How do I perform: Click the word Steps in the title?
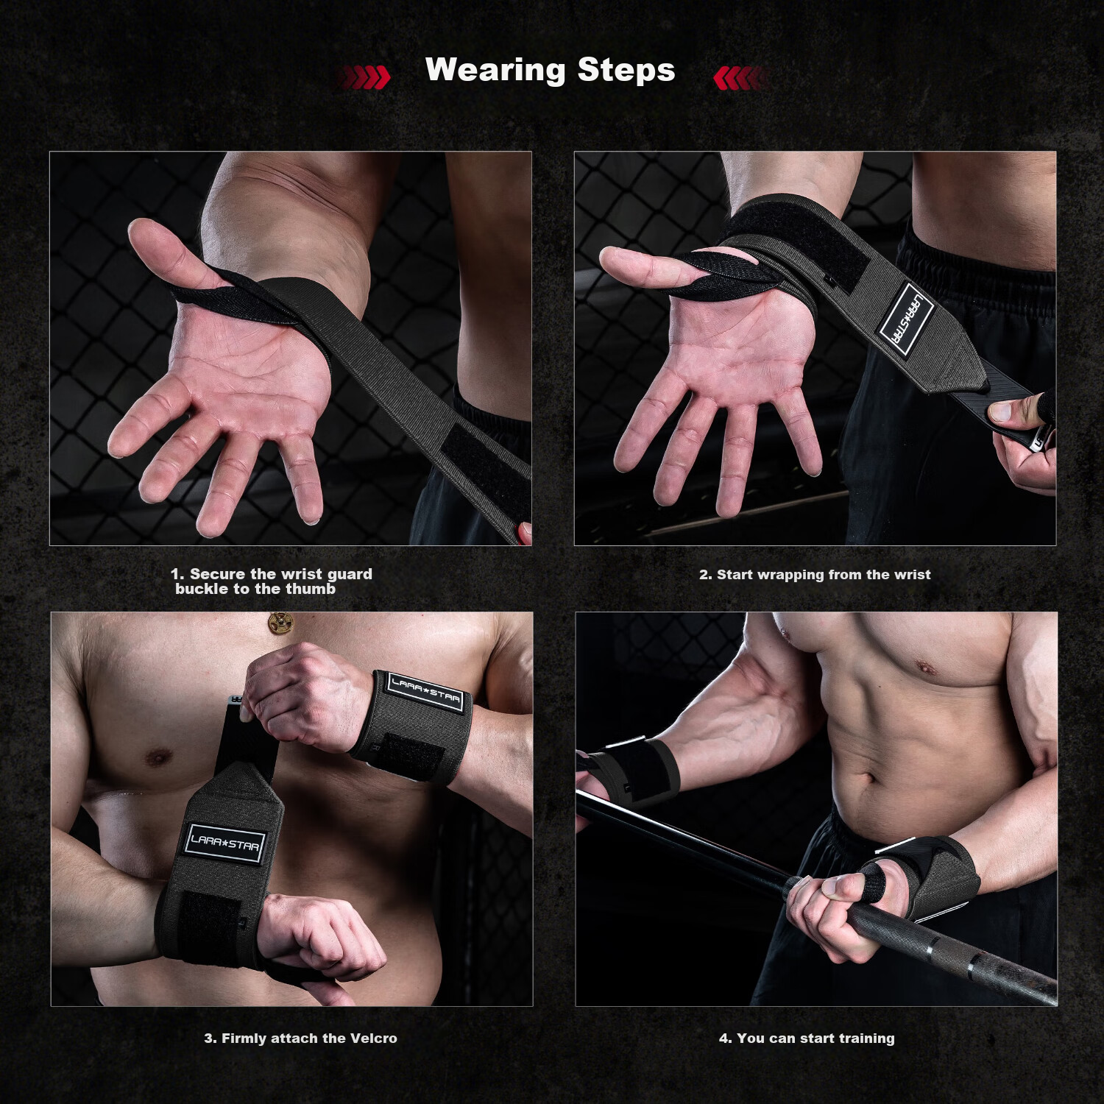[626, 70]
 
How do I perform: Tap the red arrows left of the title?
[364, 77]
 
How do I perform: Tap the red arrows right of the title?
[741, 77]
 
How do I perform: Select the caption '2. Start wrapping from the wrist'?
[815, 575]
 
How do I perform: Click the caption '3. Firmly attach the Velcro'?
[300, 1038]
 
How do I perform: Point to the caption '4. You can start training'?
[807, 1038]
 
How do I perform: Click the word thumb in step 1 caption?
[311, 589]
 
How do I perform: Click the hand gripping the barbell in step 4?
[846, 913]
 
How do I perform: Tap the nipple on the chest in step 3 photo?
[157, 756]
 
